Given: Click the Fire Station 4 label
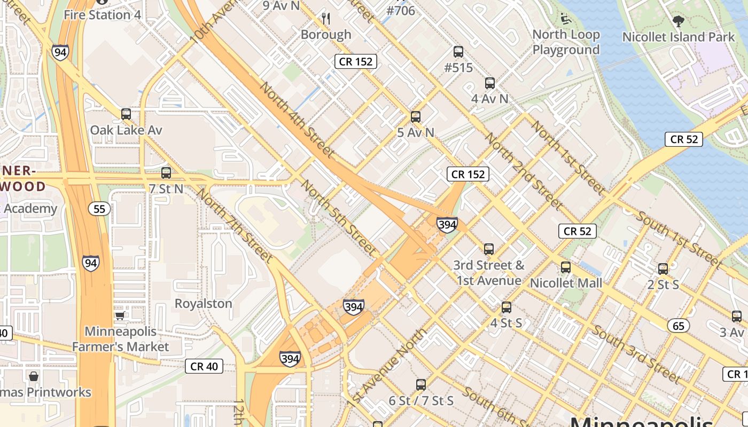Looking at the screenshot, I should click(x=102, y=14).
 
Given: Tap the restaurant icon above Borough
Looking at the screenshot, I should click(x=326, y=19).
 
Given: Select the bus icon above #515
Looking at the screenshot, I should click(x=458, y=52).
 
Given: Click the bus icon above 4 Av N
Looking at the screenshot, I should click(x=490, y=83).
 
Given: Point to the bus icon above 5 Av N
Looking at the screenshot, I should click(x=416, y=117).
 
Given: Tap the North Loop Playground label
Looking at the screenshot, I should click(x=566, y=42).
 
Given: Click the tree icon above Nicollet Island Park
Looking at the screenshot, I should click(x=679, y=22).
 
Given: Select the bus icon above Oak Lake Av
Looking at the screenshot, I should click(x=126, y=114).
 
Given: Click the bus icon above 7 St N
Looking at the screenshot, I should click(x=166, y=173).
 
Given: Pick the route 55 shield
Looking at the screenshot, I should click(x=100, y=209).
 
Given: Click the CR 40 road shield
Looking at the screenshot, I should click(x=204, y=366).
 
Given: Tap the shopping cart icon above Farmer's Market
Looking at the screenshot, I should click(x=120, y=315).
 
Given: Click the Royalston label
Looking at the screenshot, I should click(x=204, y=304).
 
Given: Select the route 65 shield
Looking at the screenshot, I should click(x=679, y=325).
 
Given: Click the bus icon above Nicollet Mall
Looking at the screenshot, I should click(x=566, y=267).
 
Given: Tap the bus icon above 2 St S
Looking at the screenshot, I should click(x=663, y=269).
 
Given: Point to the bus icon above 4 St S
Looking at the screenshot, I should click(x=507, y=307).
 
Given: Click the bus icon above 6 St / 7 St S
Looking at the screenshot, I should click(x=421, y=384).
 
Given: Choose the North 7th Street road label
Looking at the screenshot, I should click(x=235, y=224).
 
